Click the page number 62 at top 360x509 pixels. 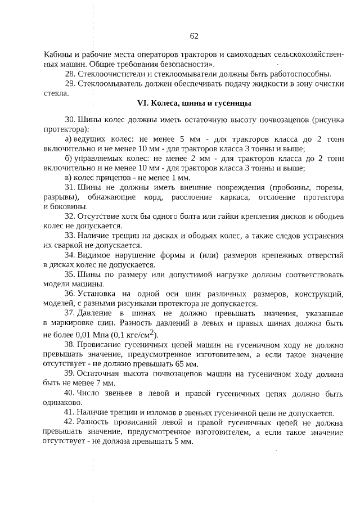(x=194, y=36)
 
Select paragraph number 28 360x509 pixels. (x=70, y=74)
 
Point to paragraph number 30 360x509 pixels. (x=70, y=120)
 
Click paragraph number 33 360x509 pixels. (x=70, y=235)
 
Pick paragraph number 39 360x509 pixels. (x=70, y=373)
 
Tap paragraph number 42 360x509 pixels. (x=70, y=422)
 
